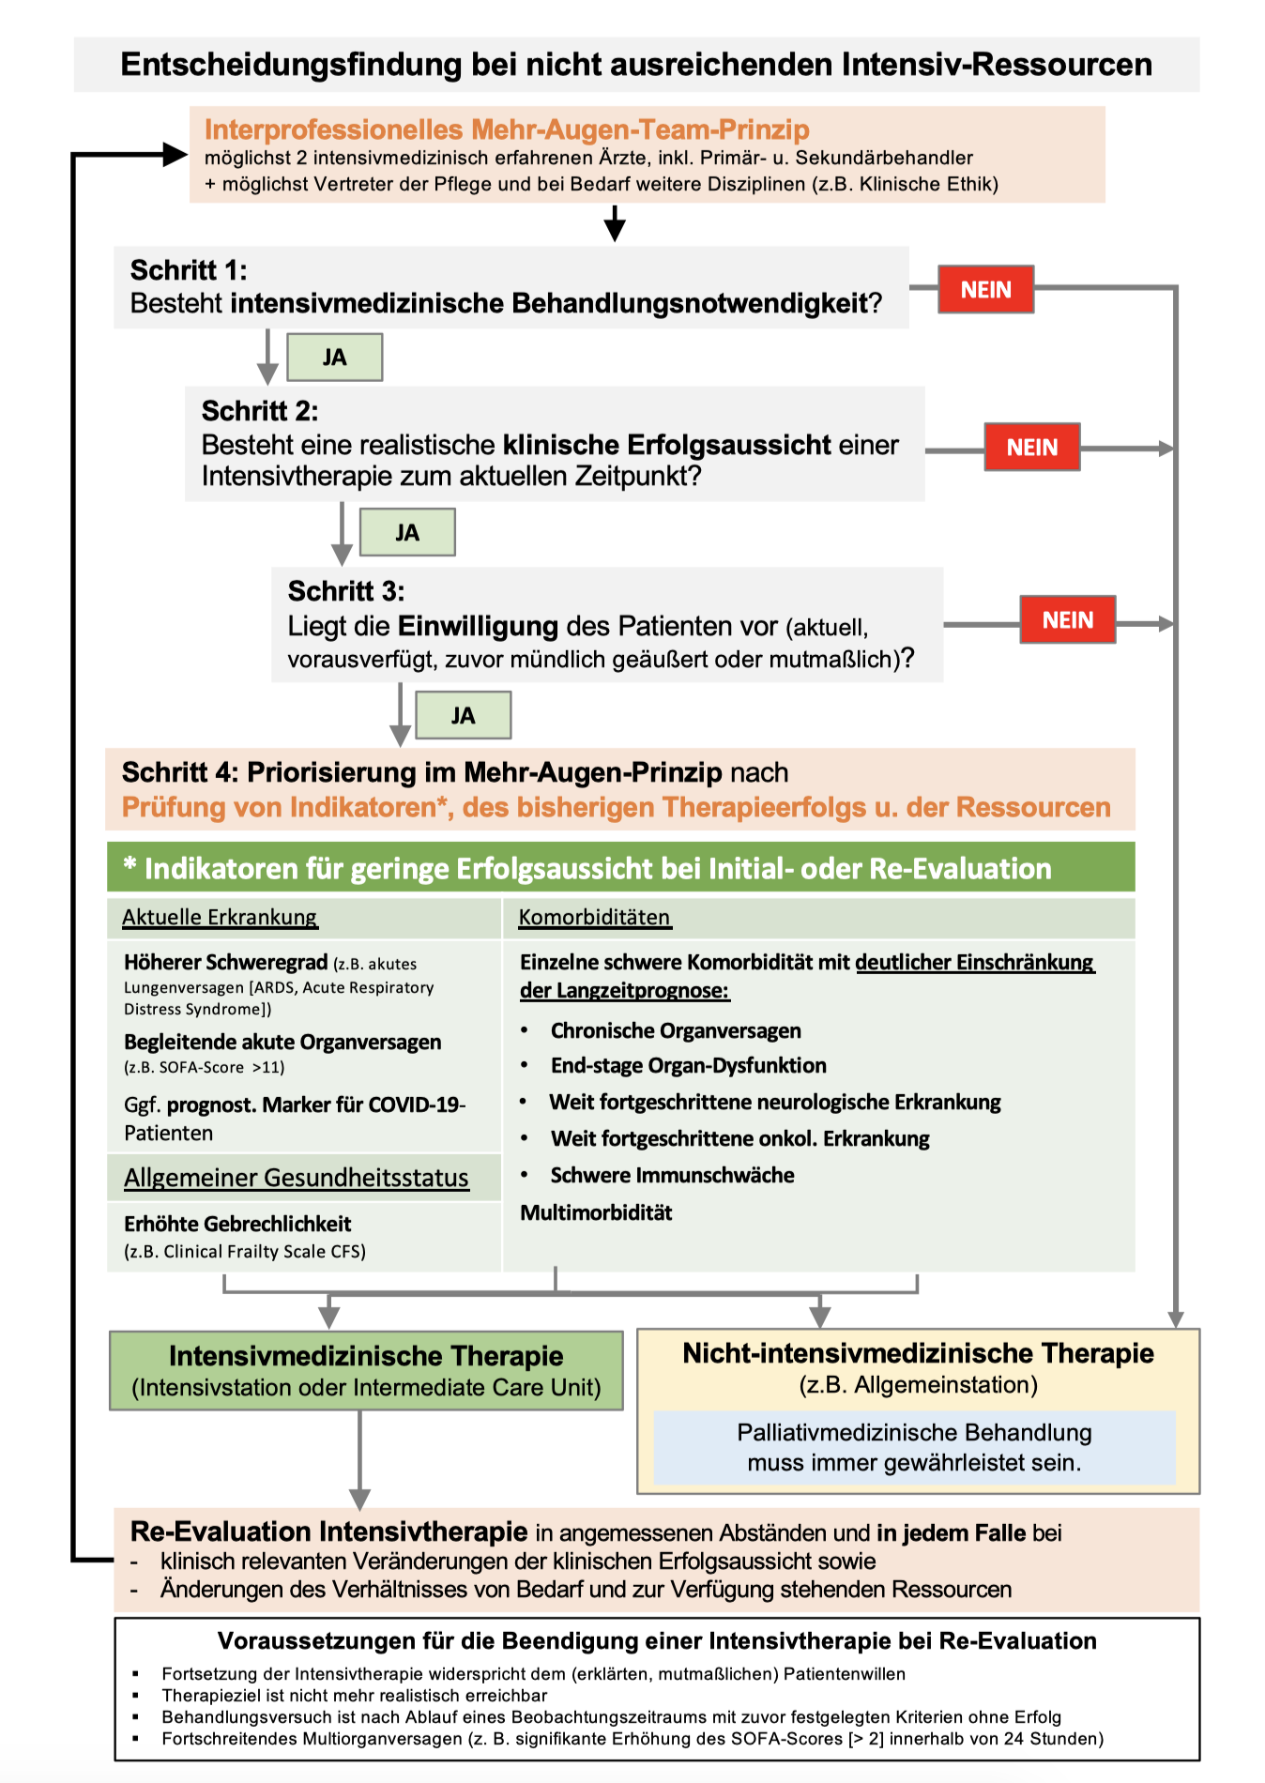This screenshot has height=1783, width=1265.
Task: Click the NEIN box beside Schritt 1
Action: click(x=985, y=289)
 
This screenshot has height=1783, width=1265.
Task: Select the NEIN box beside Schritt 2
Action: click(x=1031, y=448)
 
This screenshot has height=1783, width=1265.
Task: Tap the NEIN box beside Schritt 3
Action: click(x=1067, y=620)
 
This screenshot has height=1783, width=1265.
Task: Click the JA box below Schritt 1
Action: click(x=334, y=358)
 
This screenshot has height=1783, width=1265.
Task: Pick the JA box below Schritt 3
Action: click(x=463, y=716)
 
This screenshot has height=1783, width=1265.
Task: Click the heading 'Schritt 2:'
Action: click(x=260, y=411)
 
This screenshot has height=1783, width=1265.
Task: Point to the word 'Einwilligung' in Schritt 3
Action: click(x=478, y=626)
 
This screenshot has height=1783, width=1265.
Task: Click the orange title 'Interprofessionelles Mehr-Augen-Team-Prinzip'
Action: click(x=507, y=130)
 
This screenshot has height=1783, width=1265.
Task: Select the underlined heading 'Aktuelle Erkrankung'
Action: click(x=220, y=917)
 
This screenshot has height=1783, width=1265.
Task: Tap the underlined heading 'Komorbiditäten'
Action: click(x=594, y=917)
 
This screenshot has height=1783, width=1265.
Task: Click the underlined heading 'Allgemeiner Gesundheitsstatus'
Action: click(x=296, y=1178)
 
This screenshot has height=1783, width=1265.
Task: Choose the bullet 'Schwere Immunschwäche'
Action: click(x=672, y=1175)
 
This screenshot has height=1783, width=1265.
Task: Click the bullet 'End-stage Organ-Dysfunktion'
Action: click(x=688, y=1065)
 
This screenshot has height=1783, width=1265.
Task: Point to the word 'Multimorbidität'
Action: click(x=596, y=1212)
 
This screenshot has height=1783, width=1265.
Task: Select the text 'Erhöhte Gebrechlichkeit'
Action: click(x=237, y=1224)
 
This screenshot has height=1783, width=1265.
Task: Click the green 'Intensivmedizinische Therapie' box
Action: click(x=366, y=1370)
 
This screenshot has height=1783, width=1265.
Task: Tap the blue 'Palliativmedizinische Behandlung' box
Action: click(x=914, y=1447)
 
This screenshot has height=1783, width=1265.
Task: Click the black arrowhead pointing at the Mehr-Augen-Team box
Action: click(x=175, y=155)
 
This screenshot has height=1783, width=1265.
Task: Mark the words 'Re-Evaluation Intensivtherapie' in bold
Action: click(x=328, y=1532)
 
